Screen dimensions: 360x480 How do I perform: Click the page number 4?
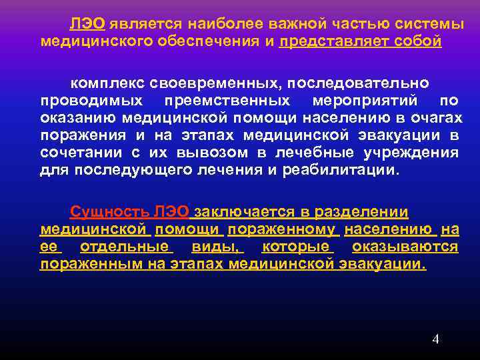tap(435, 339)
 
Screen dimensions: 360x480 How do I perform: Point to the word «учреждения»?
tap(415, 153)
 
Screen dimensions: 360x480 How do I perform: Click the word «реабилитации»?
tap(353, 170)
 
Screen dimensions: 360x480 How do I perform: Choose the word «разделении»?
tap(360, 212)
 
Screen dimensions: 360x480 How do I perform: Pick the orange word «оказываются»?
tap(405, 247)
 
